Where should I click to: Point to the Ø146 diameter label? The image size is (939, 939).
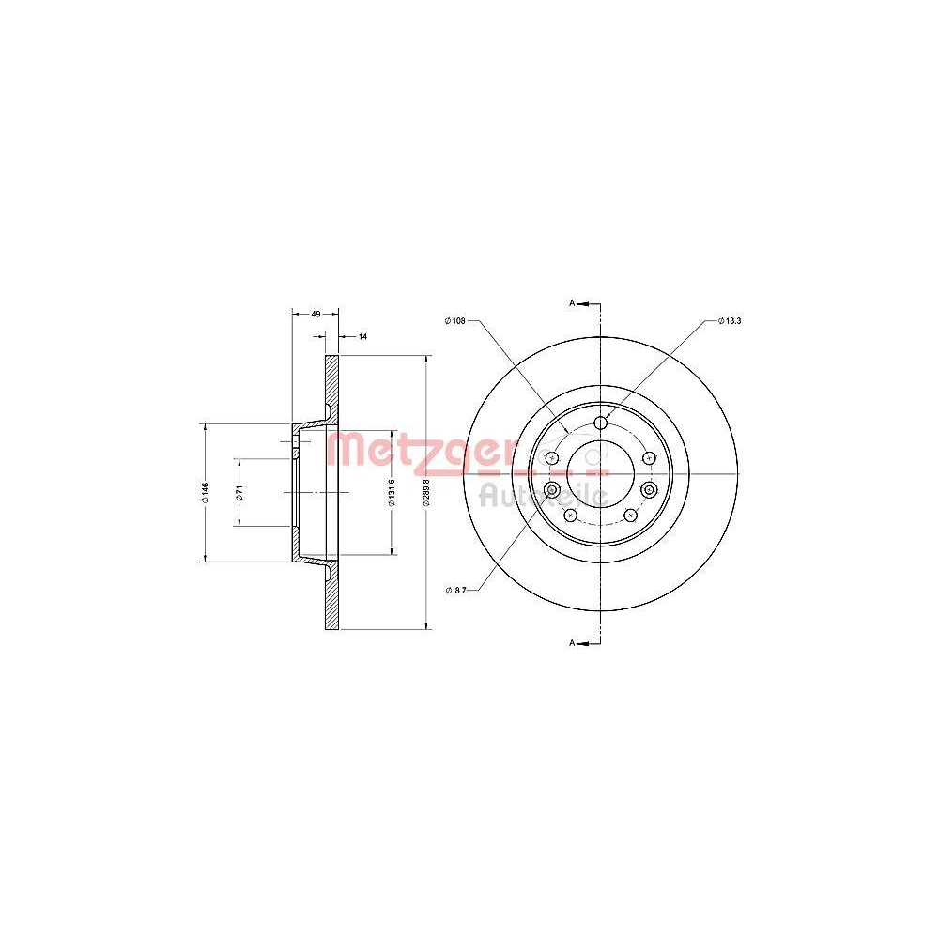(204, 492)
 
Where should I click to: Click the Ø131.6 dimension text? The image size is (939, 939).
(391, 492)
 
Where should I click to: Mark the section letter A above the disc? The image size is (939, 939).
(572, 303)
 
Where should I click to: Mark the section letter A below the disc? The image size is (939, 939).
(572, 643)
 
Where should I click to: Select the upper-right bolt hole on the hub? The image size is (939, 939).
(648, 457)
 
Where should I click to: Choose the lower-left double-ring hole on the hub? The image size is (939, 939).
(552, 490)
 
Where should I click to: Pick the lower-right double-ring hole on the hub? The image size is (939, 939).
(649, 490)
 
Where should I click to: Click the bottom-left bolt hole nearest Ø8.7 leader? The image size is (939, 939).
(570, 516)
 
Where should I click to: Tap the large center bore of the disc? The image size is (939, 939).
(590, 467)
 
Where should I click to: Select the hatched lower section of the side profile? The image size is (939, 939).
(331, 596)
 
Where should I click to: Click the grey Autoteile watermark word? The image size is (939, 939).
(543, 494)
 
